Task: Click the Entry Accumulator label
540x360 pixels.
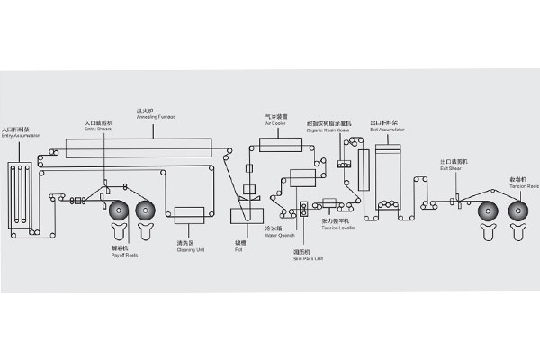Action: point(20,135)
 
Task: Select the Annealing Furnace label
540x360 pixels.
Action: point(155,114)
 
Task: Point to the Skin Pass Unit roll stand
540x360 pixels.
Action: point(303,208)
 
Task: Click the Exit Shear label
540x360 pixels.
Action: point(452,162)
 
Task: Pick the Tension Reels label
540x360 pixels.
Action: point(525,184)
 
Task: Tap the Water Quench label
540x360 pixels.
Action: point(274,231)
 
